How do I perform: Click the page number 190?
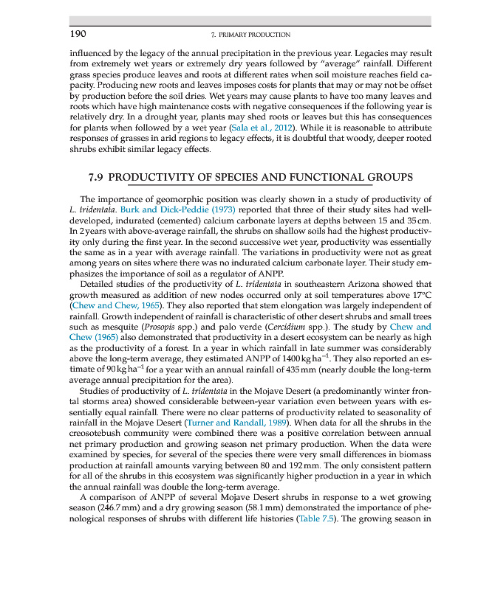(x=78, y=34)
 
